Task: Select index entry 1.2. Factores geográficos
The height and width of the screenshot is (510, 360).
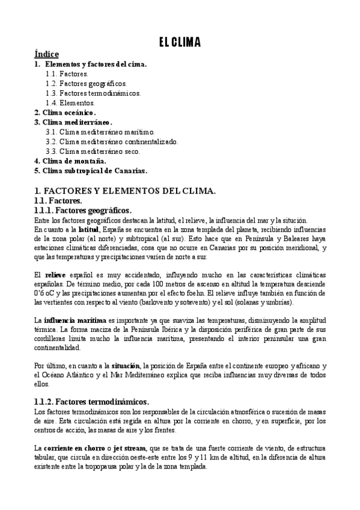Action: point(86,84)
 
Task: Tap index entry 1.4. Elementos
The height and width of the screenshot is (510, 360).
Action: point(70,103)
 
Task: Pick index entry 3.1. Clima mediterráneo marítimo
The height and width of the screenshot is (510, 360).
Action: point(100,132)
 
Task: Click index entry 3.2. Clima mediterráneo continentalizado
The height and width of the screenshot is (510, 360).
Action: point(112,141)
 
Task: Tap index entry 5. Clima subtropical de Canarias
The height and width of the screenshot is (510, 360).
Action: point(91,170)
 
